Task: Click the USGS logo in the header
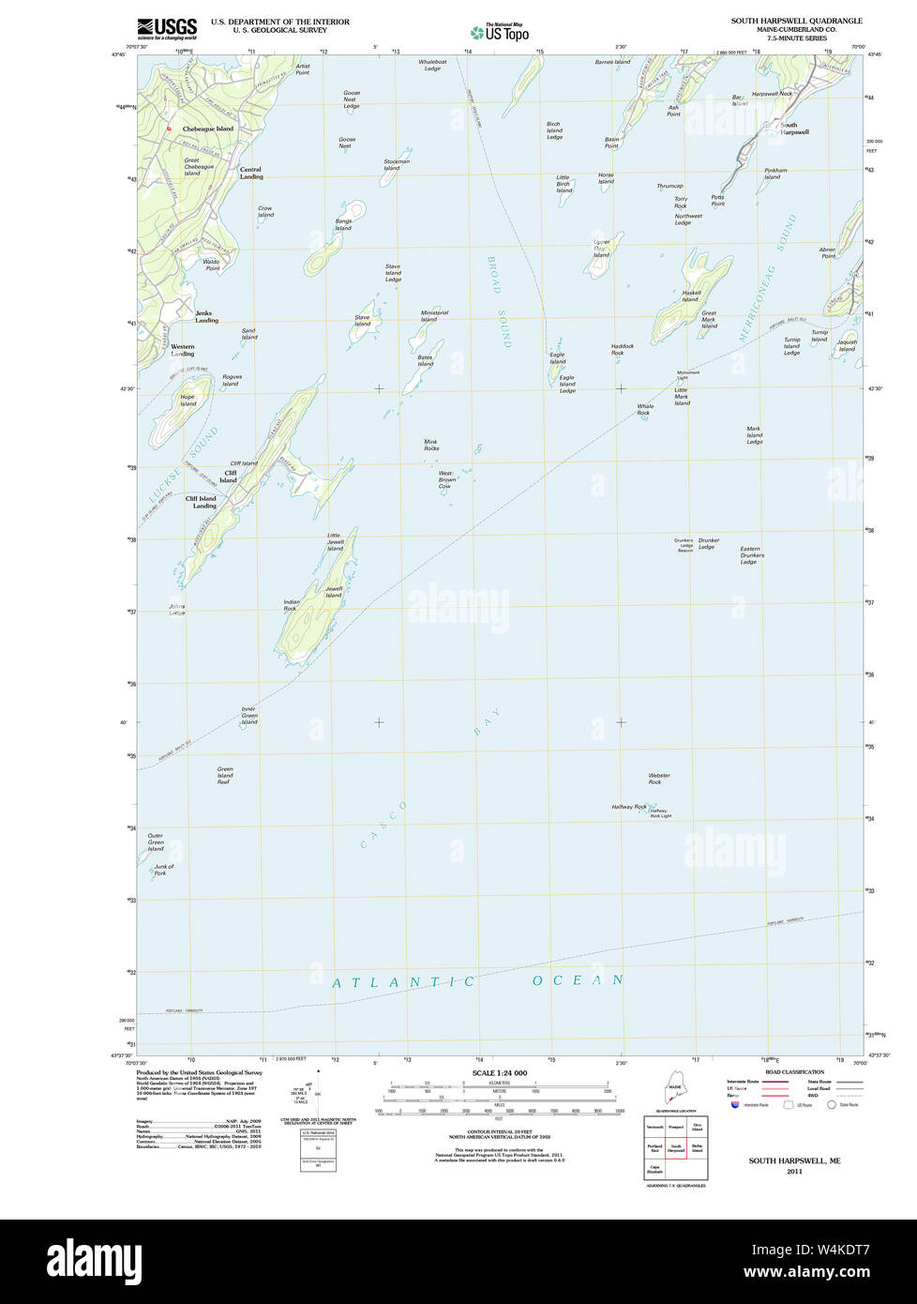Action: click(167, 28)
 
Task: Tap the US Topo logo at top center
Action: click(500, 32)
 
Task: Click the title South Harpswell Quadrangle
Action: click(796, 21)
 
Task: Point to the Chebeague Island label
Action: click(207, 129)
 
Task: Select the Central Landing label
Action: click(251, 174)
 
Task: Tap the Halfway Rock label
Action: click(629, 807)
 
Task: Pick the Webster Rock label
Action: click(659, 779)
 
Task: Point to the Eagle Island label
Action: click(558, 358)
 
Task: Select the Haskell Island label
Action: click(691, 296)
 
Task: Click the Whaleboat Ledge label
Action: click(432, 65)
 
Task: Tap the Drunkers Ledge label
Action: click(708, 543)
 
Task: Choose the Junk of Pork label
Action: click(164, 870)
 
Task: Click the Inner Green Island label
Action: click(248, 715)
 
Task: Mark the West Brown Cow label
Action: click(446, 479)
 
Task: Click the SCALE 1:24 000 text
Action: click(499, 1073)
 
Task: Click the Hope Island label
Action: click(188, 401)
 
